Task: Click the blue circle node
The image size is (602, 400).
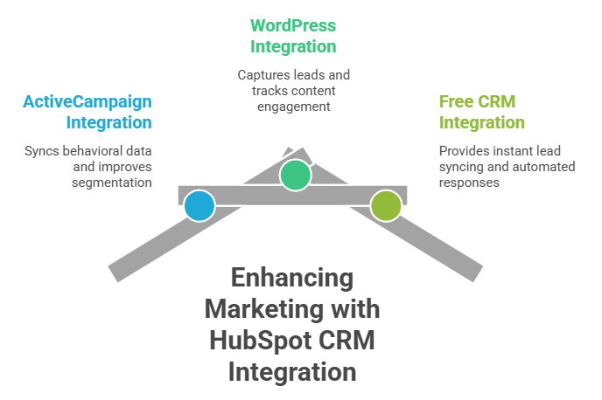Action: tap(199, 206)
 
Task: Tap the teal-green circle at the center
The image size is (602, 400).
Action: tap(296, 175)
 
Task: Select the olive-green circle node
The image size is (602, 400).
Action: tap(385, 205)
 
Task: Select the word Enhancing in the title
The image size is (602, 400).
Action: tap(292, 279)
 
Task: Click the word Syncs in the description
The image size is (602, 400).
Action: tap(43, 150)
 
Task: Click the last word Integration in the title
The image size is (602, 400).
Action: tap(292, 372)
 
